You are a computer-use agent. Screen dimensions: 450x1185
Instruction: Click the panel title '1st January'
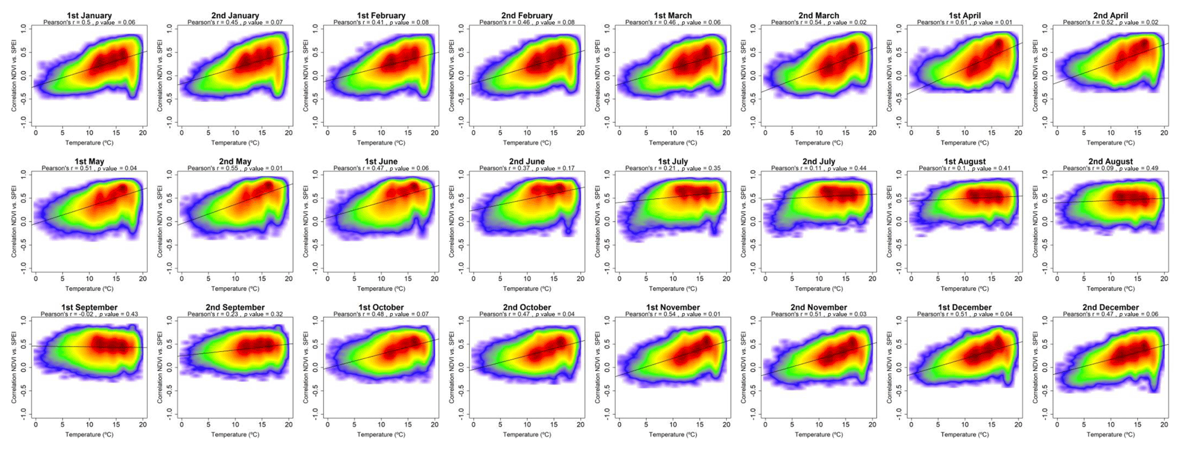[x=89, y=15]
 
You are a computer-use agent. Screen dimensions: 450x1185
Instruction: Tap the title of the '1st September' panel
[x=89, y=307]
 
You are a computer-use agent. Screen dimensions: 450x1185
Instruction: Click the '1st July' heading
[x=672, y=162]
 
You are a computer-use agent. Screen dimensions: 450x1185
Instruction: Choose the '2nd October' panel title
[x=527, y=307]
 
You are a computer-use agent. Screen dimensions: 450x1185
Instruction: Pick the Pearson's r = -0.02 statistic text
[x=89, y=314]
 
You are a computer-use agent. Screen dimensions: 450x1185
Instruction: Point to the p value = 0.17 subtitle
[x=527, y=169]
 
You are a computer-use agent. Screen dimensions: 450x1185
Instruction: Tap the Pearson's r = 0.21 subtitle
[x=672, y=169]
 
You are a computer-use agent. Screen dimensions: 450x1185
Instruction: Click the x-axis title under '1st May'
[x=89, y=288]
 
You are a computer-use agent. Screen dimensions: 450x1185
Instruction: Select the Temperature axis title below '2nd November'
[x=819, y=435]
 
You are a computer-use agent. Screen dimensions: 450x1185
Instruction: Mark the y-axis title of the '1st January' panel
[x=14, y=75]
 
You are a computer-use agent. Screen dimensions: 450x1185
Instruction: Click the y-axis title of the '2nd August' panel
[x=1036, y=221]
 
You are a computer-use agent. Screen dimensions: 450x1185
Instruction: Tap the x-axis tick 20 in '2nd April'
[x=1164, y=133]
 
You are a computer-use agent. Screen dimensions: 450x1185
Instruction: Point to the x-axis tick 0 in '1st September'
[x=36, y=425]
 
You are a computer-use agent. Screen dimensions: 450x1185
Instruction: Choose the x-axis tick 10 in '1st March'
[x=673, y=133]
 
